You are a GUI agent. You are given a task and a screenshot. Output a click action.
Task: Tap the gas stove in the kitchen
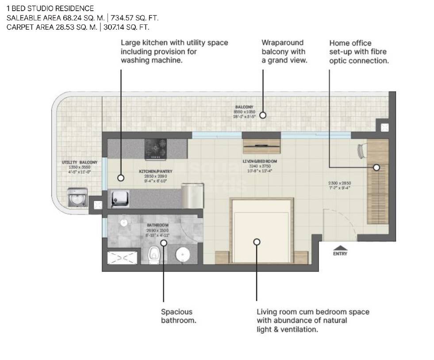(x=156, y=149)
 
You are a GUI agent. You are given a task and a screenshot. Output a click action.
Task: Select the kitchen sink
(x=119, y=198)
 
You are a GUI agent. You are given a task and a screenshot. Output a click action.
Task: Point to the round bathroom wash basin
(x=182, y=255)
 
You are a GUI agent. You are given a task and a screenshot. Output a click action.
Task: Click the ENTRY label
(x=340, y=254)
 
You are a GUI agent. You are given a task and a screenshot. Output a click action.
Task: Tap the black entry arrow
(x=340, y=248)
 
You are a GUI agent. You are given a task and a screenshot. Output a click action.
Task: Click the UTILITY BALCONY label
(x=79, y=163)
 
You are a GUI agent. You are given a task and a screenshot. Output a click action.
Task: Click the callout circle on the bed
(x=257, y=242)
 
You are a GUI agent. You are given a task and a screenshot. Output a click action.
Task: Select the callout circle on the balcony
(x=263, y=115)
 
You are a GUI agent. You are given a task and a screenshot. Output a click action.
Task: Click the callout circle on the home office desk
(x=376, y=167)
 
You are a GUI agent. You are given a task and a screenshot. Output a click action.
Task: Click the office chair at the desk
(x=361, y=151)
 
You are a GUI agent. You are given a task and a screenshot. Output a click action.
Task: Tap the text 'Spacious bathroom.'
(x=178, y=316)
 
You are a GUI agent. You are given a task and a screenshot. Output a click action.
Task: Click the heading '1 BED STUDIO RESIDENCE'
(x=50, y=8)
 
